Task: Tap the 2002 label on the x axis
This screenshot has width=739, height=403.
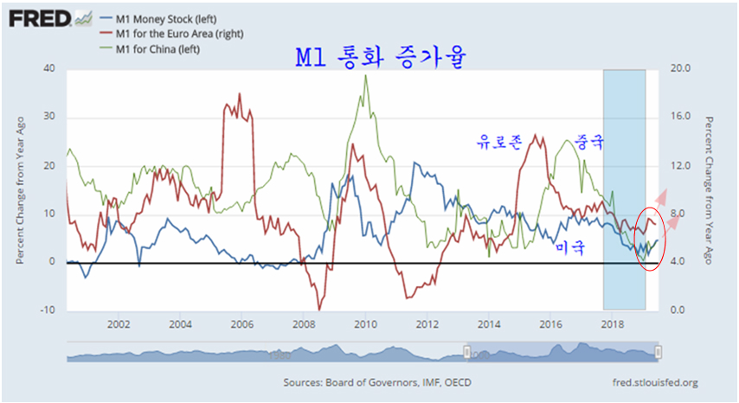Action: pos(119,324)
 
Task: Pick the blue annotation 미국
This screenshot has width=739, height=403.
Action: pos(570,248)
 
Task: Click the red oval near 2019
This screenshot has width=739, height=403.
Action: pos(650,239)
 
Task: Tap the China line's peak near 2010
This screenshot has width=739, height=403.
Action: pos(365,76)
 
